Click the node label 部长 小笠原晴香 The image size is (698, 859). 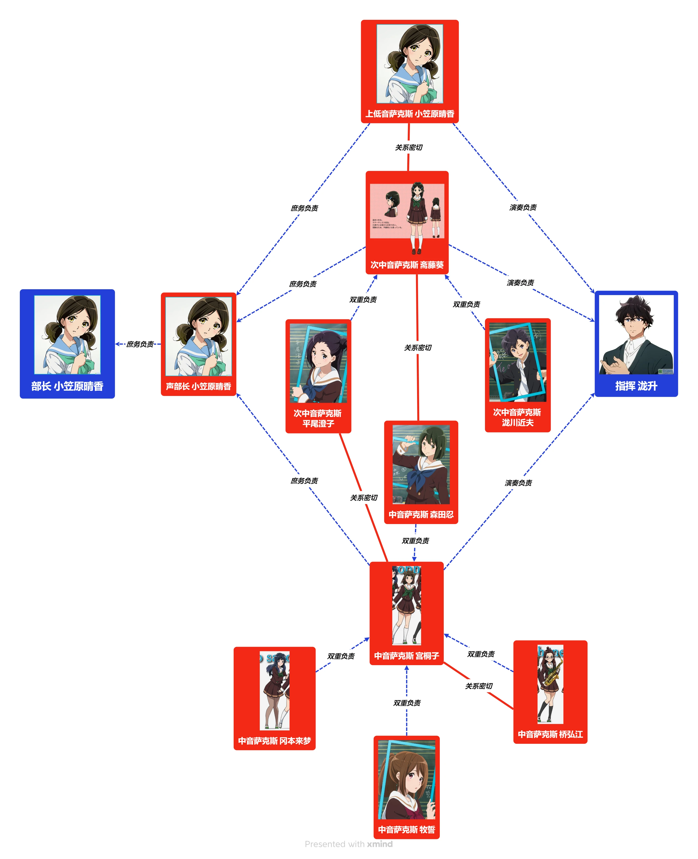67,386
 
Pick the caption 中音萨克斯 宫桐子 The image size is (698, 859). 406,656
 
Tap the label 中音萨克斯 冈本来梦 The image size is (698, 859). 274,740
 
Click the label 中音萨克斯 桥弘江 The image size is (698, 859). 550,734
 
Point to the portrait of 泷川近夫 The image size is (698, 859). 517,362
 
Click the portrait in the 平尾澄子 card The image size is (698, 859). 318,363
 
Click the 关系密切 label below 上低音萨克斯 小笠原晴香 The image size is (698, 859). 409,147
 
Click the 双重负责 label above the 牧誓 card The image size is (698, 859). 407,703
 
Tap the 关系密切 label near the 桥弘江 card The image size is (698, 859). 478,686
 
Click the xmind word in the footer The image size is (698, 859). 380,844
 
